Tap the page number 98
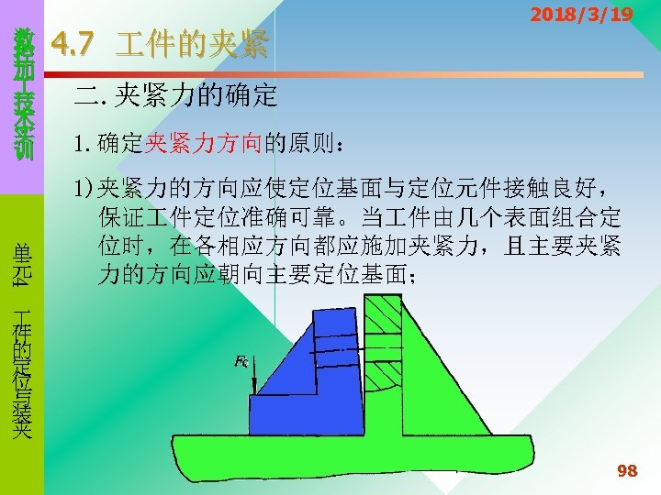[628, 471]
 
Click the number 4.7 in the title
[71, 42]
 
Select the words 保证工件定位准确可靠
[217, 219]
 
